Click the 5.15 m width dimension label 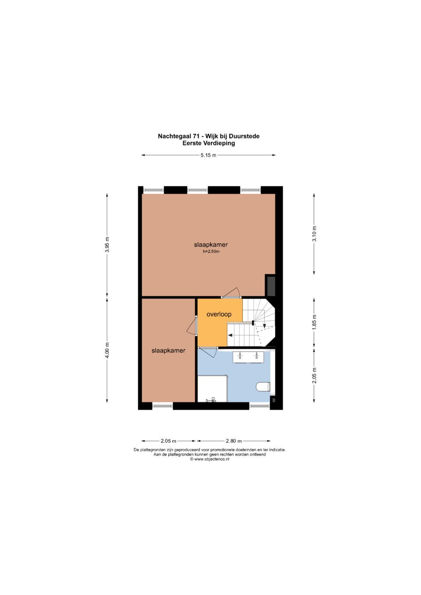click(x=209, y=155)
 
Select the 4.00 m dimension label click(x=107, y=350)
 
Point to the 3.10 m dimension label click(x=314, y=234)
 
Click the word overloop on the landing click(x=219, y=314)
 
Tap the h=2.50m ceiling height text click(x=211, y=252)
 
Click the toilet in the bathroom click(x=264, y=387)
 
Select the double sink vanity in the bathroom click(x=248, y=357)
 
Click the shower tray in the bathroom click(x=212, y=388)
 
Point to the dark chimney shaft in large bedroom click(x=271, y=286)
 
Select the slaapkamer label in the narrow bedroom click(x=168, y=351)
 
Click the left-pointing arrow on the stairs click(x=231, y=335)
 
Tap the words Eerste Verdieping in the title click(x=209, y=143)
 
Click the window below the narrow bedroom click(x=163, y=406)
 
